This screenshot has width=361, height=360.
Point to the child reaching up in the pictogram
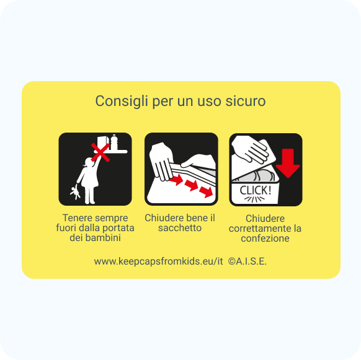(x=86, y=180)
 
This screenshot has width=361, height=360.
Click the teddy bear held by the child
(x=76, y=193)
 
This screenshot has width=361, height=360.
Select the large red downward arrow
(x=287, y=162)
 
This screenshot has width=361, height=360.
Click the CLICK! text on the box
(x=256, y=190)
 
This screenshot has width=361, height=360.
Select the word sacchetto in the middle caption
(x=180, y=228)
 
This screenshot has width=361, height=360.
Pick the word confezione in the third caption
(x=265, y=239)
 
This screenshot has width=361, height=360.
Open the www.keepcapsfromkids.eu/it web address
(x=158, y=261)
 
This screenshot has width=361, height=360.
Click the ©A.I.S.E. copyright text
(x=247, y=261)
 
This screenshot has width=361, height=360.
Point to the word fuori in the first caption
(x=66, y=228)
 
